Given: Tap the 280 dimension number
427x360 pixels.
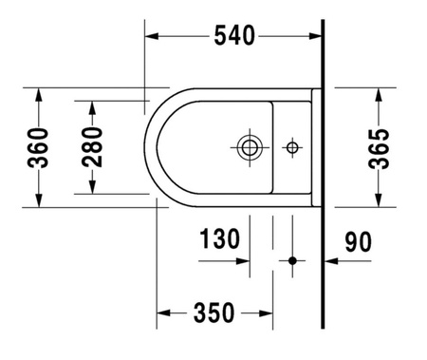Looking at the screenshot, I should click(x=92, y=146).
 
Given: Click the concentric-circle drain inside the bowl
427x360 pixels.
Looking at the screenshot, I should click(x=250, y=146).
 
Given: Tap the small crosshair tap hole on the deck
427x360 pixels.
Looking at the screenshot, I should click(x=292, y=146).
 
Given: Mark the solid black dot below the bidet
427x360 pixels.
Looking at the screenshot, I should click(x=293, y=259).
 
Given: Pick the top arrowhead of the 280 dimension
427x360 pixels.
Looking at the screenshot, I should click(x=92, y=105).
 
